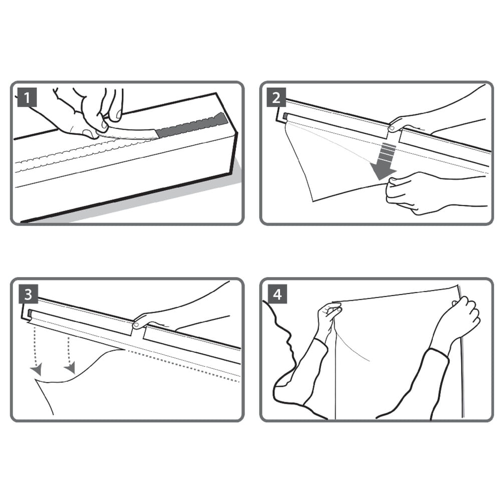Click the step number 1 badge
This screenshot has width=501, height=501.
[27, 97]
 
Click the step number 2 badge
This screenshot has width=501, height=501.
[276, 97]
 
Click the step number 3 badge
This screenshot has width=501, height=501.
[28, 294]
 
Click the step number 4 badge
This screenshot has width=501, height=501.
[278, 294]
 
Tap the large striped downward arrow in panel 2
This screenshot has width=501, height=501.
[385, 162]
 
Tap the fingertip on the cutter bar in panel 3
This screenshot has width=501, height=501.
[137, 325]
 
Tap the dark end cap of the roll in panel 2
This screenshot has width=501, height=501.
[286, 116]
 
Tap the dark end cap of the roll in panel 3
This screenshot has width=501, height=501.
[30, 313]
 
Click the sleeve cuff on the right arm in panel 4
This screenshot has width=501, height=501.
[440, 355]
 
